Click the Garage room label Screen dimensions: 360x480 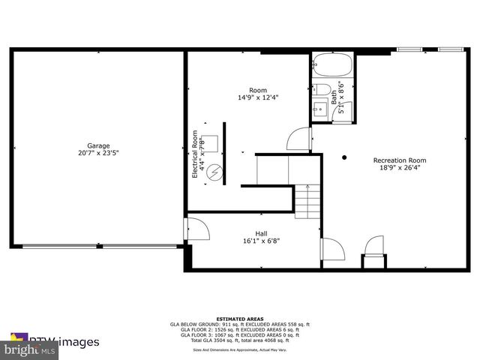click(98, 145)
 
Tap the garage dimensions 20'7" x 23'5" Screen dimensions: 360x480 click(98, 153)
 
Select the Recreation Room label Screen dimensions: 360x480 click(400, 160)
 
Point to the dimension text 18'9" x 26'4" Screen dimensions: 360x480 click(400, 167)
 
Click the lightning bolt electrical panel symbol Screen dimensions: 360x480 click(215, 172)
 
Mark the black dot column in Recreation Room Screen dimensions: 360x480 click(344, 157)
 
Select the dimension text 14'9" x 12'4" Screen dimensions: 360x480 click(258, 97)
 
